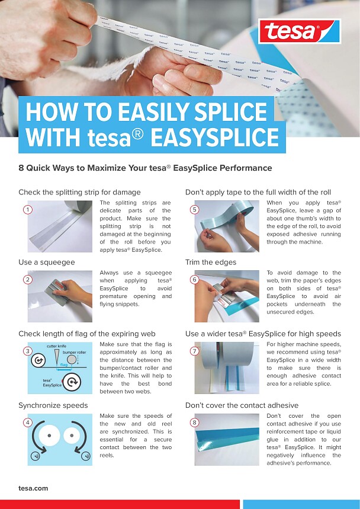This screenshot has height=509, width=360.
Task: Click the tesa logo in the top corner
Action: (x=299, y=30)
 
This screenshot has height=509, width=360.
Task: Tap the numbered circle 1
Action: (x=27, y=210)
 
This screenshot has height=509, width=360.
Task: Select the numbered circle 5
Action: (x=194, y=210)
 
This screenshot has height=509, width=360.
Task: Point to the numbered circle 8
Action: (x=194, y=422)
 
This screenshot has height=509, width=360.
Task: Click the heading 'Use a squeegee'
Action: (x=47, y=262)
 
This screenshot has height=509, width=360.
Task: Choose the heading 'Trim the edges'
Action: (x=211, y=262)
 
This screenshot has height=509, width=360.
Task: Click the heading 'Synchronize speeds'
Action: (x=53, y=405)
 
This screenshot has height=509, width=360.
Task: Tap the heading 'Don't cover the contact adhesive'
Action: (x=242, y=405)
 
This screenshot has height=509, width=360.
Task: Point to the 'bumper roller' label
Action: (x=74, y=352)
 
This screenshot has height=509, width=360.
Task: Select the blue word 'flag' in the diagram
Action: (x=63, y=364)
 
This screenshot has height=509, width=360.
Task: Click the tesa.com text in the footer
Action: (x=33, y=488)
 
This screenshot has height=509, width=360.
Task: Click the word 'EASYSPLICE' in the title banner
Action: (x=214, y=137)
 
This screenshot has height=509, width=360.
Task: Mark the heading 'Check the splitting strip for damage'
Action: (x=79, y=192)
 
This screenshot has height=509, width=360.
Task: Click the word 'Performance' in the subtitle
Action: (x=246, y=168)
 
